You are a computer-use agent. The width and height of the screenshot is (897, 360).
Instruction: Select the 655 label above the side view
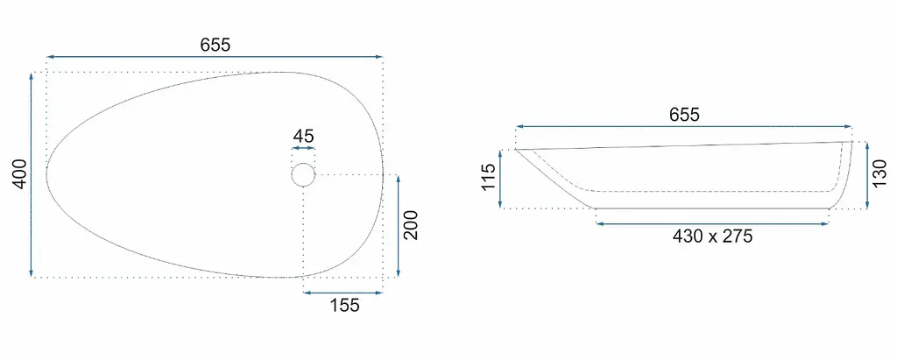tap(685, 115)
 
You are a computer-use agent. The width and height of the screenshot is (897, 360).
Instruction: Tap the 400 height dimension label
tap(19, 174)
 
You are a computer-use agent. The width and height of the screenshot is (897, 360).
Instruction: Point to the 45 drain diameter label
tap(303, 137)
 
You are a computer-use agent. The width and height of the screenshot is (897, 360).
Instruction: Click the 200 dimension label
tap(411, 225)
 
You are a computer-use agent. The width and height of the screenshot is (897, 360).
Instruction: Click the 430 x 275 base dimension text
tap(712, 236)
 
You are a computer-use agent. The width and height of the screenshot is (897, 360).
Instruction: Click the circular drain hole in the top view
tap(303, 174)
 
